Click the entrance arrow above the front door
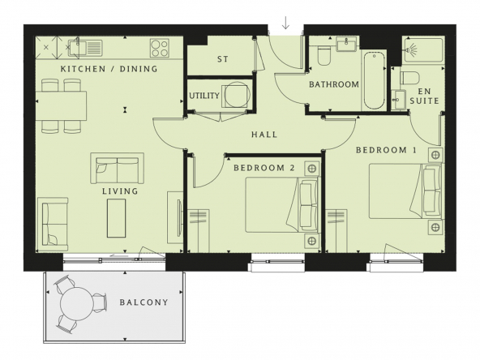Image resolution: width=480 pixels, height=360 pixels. [x=285, y=24]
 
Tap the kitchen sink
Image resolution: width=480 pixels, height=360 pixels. [x=85, y=48]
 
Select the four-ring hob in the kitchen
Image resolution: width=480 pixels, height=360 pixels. [x=160, y=48]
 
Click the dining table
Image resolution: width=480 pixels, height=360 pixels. [x=61, y=106]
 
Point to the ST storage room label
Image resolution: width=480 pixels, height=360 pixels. [x=223, y=59]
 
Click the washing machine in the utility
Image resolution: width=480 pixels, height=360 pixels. [x=235, y=95]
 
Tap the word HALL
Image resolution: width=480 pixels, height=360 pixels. [x=264, y=135]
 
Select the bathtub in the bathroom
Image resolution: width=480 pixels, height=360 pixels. [x=374, y=81]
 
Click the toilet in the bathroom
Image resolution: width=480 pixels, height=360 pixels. [x=324, y=55]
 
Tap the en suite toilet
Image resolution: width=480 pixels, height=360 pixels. [x=409, y=78]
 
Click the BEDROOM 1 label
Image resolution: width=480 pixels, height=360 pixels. [x=386, y=150]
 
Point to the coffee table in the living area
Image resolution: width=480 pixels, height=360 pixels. [x=116, y=218]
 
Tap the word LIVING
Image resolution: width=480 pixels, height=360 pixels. [x=120, y=191]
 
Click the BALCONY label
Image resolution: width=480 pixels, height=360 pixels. [x=144, y=302]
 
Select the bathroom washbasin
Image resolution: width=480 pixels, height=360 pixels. [x=346, y=44]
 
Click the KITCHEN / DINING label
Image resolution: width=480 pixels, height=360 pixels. [x=109, y=69]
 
